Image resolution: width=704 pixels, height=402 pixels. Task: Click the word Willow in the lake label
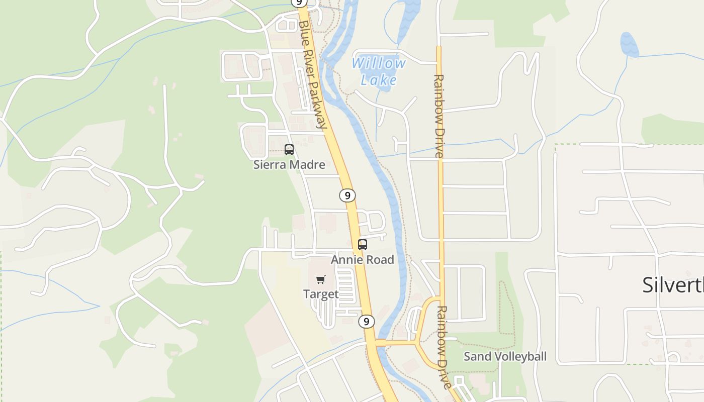tap(378, 64)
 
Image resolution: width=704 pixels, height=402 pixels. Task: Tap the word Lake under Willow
tap(378, 80)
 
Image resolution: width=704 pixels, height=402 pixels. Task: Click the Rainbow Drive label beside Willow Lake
tap(439, 116)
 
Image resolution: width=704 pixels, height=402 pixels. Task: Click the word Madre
tap(309, 164)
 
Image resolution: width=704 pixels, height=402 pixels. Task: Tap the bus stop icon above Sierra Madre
tap(289, 149)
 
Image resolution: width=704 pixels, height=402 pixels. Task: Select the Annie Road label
tap(362, 260)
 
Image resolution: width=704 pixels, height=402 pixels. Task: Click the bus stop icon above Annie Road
tap(363, 245)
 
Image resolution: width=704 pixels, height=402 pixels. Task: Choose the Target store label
tap(321, 294)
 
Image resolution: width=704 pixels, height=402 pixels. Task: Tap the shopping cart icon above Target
tap(321, 279)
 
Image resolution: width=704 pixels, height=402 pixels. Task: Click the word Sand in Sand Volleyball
tap(475, 357)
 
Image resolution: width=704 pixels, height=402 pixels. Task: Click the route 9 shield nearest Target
tap(367, 322)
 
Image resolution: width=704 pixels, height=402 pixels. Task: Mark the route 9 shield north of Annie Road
tap(347, 195)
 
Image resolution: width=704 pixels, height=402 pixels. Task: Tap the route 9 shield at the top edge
tap(299, 3)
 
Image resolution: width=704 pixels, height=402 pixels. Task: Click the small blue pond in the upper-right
tap(629, 45)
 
